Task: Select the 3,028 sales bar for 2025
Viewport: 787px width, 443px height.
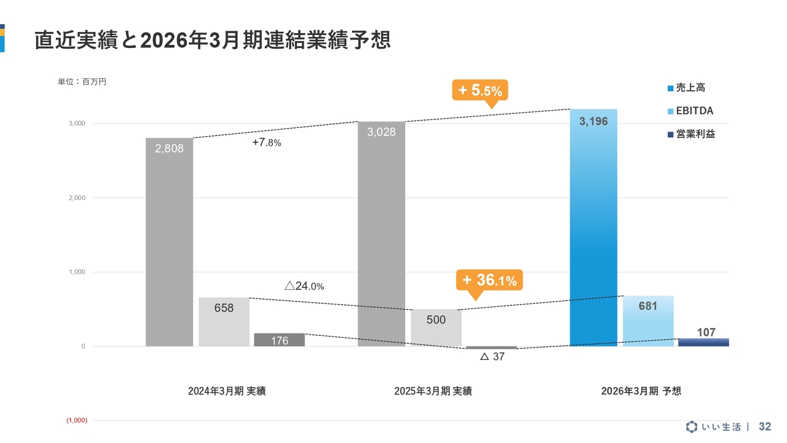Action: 381,234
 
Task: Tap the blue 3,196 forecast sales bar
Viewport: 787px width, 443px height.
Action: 593,228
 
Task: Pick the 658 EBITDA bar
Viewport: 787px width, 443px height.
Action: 224,322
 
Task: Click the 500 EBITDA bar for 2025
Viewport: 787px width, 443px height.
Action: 436,328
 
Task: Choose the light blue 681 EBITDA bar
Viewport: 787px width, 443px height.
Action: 648,321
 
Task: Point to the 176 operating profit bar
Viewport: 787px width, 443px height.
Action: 279,340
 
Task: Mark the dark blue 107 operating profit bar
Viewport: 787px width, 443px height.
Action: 703,342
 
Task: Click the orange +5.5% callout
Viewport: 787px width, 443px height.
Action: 480,91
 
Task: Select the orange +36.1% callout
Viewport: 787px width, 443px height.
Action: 489,281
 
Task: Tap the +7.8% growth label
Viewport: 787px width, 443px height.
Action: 267,143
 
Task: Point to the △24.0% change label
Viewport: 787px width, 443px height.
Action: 304,286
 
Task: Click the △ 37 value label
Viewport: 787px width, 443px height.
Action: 492,357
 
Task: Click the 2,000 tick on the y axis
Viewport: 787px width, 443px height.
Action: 76,198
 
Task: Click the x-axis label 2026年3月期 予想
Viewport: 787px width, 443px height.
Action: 641,391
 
